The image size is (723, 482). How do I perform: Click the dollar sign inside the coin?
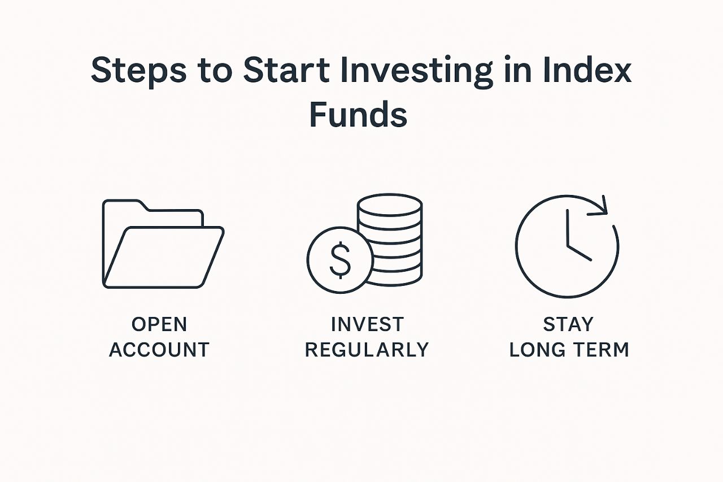point(339,260)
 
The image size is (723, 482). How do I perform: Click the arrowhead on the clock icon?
point(600,207)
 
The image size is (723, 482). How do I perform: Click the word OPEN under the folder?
point(159,324)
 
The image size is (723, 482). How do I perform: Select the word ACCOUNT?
point(159,349)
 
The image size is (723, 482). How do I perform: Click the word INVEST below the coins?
point(367,324)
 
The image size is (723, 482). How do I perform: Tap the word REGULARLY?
point(367,349)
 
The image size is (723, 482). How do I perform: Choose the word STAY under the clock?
point(568,324)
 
